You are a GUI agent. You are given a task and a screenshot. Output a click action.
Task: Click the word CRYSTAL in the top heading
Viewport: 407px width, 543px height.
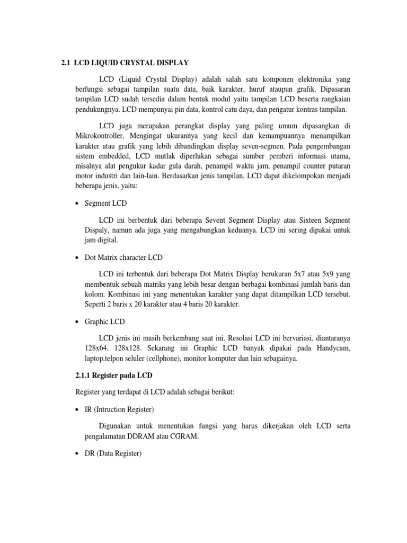139,63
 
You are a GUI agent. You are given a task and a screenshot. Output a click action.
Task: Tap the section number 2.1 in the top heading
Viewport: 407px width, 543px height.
66,63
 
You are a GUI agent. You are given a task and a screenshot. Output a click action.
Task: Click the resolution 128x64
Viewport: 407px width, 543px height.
83,348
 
